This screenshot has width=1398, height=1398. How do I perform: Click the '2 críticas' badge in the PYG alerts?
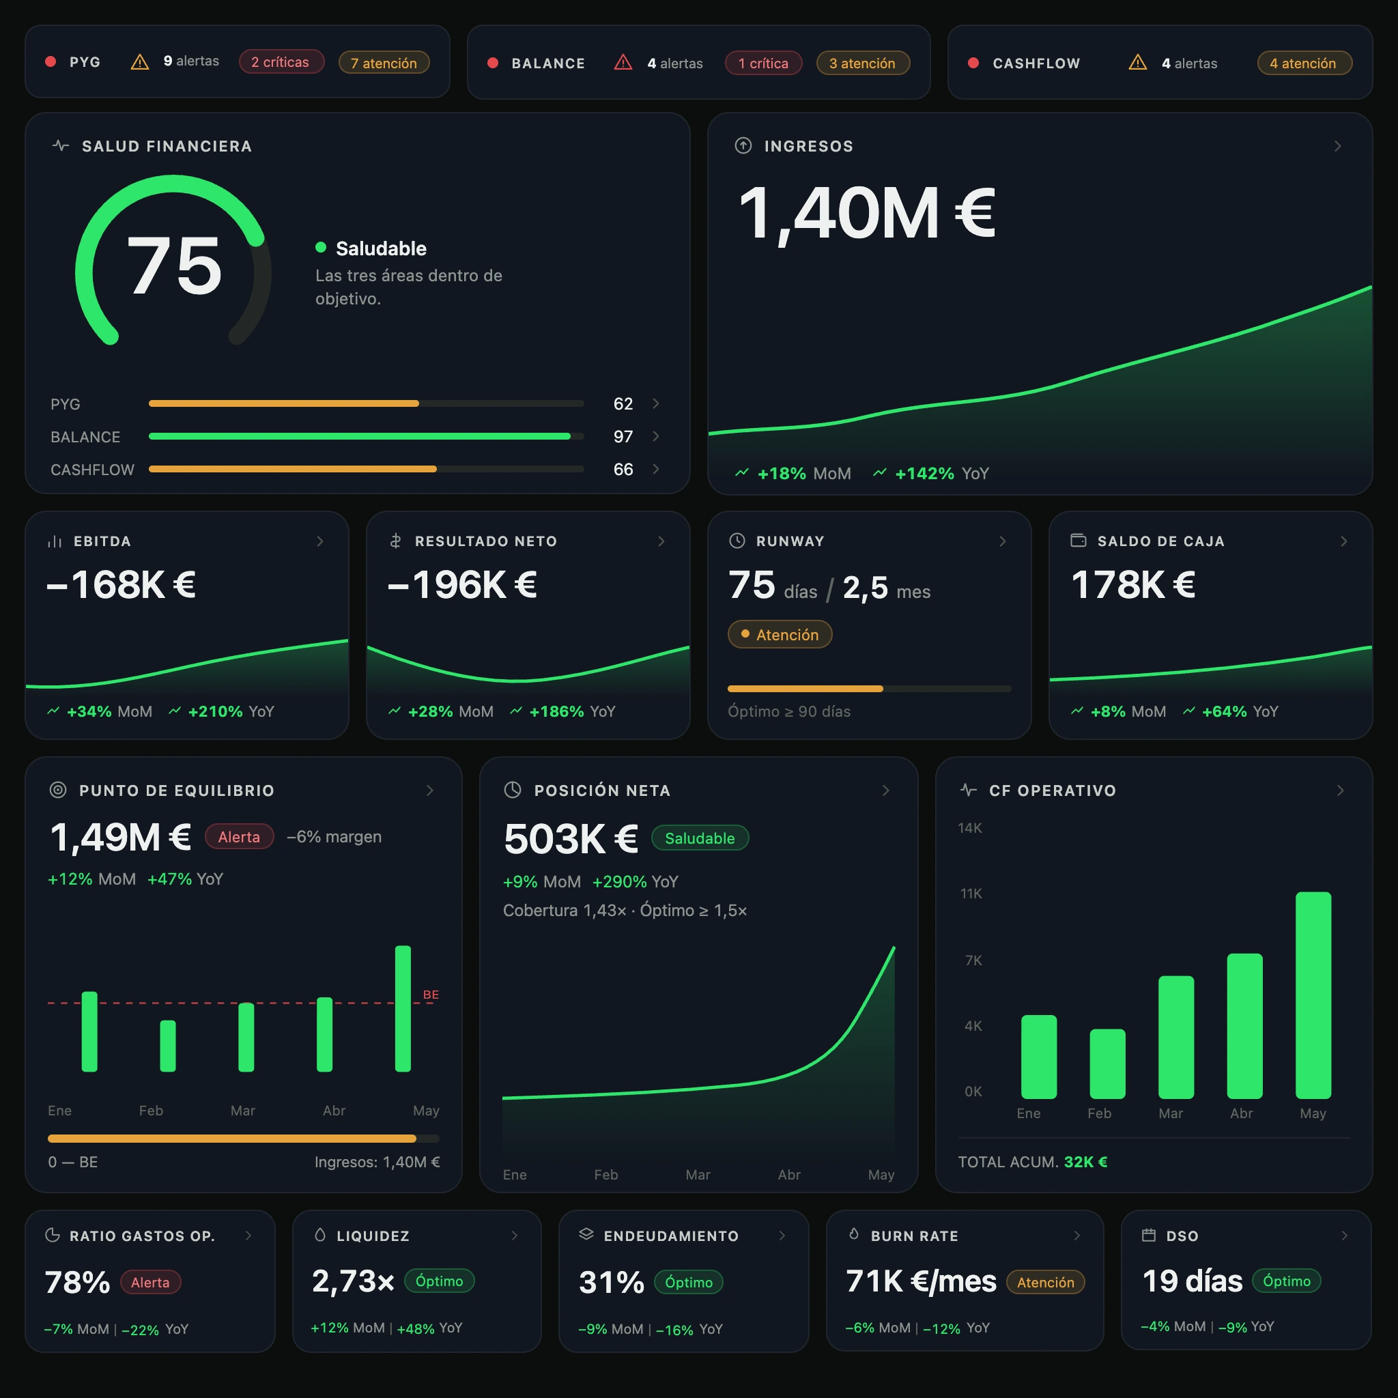coord(281,62)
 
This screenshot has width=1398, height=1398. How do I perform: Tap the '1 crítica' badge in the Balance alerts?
coord(763,63)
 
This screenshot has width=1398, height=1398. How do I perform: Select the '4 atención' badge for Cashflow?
coord(1304,63)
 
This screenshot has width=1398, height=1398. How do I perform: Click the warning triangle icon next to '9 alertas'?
coord(140,62)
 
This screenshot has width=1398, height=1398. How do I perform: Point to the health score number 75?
coord(174,266)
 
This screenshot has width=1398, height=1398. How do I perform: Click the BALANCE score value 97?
coord(623,436)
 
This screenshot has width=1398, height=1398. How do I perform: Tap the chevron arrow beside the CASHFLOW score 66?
coord(655,469)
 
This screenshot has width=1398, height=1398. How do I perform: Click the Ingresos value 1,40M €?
coord(867,213)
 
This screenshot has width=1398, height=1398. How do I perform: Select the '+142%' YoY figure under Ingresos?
coord(925,473)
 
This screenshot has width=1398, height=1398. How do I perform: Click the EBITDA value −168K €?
coord(122,585)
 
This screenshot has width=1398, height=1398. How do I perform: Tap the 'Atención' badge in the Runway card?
coord(780,635)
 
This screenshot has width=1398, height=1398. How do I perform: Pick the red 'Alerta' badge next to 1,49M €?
coord(240,836)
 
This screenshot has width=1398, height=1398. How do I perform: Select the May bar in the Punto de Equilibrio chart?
coord(403,1008)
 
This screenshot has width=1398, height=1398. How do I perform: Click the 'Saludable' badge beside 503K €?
coord(700,838)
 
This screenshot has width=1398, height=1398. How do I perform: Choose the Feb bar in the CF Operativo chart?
coord(1107,1063)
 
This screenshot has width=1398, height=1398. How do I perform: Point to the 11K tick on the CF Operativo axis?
coord(971,894)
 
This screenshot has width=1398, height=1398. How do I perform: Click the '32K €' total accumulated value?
coord(1085,1161)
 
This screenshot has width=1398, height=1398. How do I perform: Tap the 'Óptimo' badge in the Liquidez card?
coord(439,1281)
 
